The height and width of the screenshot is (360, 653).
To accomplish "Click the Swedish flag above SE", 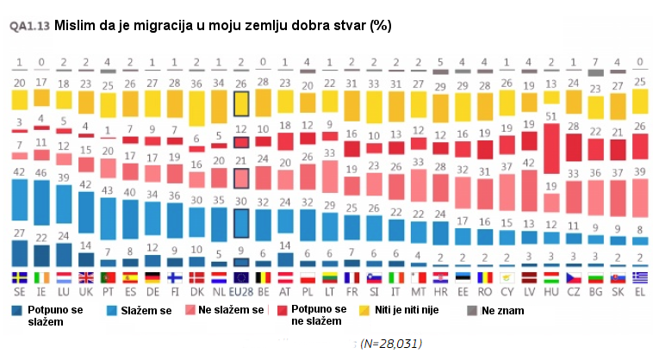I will pos(19,277).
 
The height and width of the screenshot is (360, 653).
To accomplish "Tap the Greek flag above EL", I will pos(638,277).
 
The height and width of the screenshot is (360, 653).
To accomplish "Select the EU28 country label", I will pos(242,292).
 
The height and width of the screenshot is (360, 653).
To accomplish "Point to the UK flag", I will pos(86,277).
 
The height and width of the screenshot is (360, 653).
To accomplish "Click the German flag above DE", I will pos(152,277).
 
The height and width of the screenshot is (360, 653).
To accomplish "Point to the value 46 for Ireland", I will pos(41,172).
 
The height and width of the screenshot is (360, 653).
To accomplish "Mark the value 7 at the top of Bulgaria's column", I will pos(594,62).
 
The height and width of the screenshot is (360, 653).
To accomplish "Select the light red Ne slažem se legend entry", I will pos(228,309).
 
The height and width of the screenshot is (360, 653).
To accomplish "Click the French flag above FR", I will pos(351,277).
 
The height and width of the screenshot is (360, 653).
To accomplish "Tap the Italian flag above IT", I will pos(395,277).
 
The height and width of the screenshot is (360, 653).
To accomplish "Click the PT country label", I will pos(108,292).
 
